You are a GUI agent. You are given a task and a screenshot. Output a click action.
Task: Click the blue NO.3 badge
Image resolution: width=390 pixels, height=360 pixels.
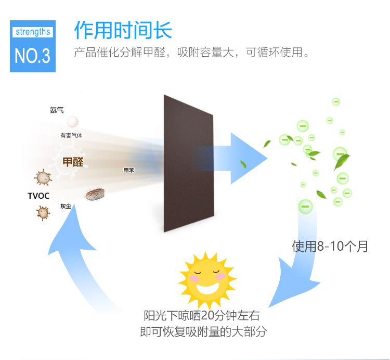tap(33, 46)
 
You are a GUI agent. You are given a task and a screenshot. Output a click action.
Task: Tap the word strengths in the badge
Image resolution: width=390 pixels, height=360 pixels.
tap(33, 32)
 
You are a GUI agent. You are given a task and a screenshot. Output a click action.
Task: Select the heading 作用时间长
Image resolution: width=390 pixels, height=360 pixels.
tap(123, 30)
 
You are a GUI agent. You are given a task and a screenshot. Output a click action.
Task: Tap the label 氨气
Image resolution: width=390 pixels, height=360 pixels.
tap(56, 110)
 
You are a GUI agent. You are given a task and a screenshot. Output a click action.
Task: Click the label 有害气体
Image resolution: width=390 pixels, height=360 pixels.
tap(71, 135)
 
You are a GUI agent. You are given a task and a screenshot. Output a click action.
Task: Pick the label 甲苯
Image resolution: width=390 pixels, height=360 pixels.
tap(128, 170)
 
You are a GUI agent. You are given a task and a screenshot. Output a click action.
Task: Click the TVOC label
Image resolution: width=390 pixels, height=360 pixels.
tap(38, 196)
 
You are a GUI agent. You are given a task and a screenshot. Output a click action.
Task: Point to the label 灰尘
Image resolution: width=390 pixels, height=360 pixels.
tap(66, 206)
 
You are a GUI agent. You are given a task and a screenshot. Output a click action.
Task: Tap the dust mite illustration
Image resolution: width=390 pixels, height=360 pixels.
tap(95, 195)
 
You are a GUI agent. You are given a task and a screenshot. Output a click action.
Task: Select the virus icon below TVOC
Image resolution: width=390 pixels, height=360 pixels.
tap(42, 212)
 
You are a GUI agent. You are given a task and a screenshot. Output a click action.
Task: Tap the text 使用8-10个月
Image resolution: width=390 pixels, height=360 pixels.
tap(329, 246)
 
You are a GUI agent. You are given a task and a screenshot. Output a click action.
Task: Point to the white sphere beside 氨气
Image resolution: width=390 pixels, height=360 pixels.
tap(72, 122)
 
